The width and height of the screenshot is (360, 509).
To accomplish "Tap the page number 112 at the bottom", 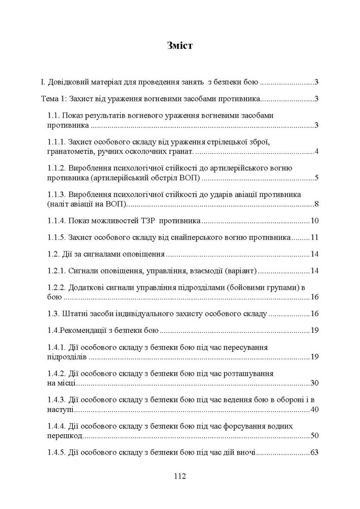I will click(179, 477).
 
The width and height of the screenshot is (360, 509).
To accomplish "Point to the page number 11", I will click(314, 237).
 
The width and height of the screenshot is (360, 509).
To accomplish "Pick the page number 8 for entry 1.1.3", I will click(316, 204).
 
